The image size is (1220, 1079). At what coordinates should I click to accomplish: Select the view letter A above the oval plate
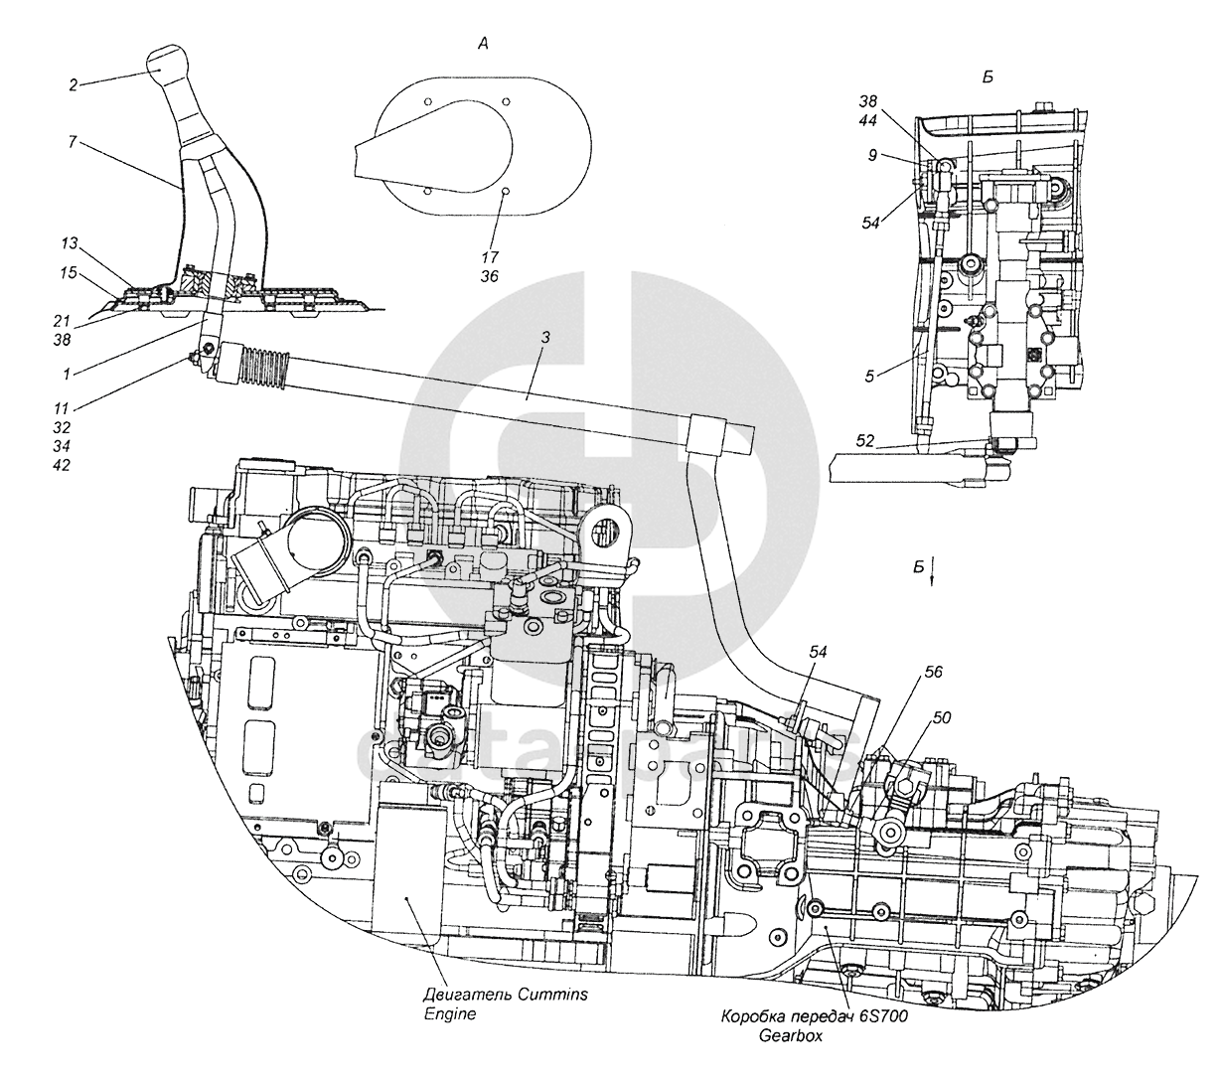coord(483,43)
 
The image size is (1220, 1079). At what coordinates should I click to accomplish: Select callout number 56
coord(933,672)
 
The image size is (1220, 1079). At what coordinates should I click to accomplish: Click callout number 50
coord(942,716)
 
